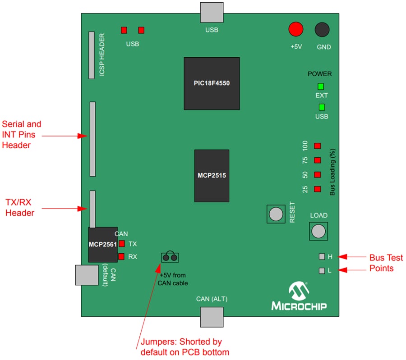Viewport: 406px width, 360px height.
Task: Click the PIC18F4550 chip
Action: coord(212,83)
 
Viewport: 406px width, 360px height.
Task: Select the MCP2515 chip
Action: coord(212,175)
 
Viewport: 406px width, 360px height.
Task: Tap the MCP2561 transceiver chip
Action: coord(103,244)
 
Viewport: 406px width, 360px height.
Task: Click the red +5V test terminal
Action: coord(296,29)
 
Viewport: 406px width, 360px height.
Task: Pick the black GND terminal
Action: coord(322,29)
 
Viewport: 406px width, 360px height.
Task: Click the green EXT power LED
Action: coord(321,87)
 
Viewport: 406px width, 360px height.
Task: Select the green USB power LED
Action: coord(322,107)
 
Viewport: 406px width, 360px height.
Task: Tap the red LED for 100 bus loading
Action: coord(317,146)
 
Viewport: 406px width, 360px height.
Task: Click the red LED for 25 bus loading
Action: coord(317,189)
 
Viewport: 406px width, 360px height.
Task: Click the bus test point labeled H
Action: coord(322,256)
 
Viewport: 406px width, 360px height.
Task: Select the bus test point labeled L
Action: coord(322,271)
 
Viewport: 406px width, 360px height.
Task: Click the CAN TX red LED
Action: coord(121,244)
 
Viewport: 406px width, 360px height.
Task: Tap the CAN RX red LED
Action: coord(121,257)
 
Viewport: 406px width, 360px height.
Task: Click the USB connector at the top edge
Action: coord(212,12)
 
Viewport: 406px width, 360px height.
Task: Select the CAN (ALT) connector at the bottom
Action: coord(212,317)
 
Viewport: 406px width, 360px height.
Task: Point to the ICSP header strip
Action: coord(92,54)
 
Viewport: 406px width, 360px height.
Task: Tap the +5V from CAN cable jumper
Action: coord(170,258)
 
